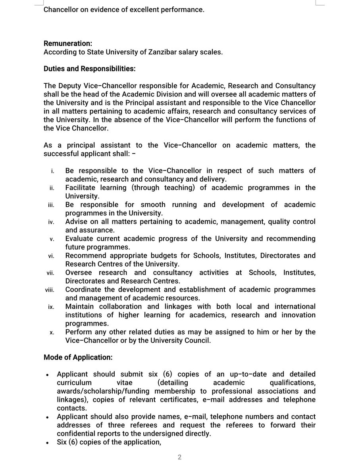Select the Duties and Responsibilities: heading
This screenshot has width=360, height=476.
coord(89,69)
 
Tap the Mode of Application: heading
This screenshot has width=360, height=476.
coord(78,357)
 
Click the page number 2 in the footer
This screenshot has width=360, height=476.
coord(179,457)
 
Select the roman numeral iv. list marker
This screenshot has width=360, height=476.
coord(51,222)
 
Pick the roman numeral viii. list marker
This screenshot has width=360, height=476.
coord(50,290)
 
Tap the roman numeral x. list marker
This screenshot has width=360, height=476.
coord(52,332)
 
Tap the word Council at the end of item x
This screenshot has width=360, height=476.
coord(200,340)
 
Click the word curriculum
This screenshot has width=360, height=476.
coord(74,382)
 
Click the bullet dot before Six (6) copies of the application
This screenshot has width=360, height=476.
coord(48,443)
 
